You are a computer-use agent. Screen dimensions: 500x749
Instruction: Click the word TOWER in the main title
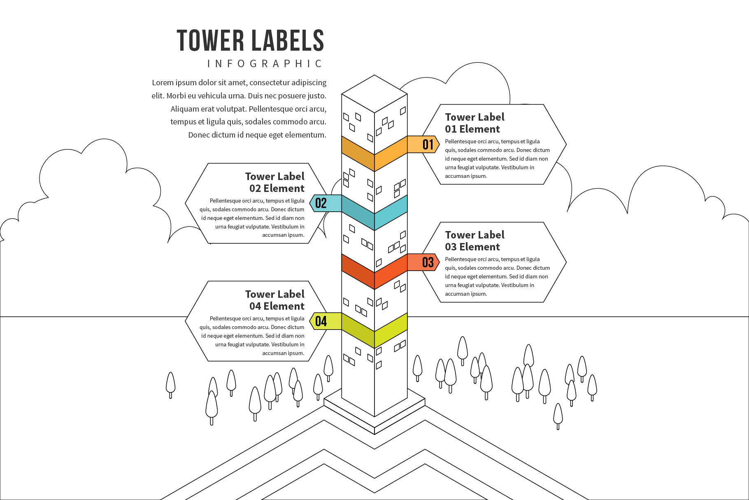210,40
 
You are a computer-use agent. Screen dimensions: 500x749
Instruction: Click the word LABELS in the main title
288,40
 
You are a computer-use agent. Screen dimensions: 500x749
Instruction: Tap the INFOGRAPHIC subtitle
265,63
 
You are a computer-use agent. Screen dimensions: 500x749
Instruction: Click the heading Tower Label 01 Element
474,123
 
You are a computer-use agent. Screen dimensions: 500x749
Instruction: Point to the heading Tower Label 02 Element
275,182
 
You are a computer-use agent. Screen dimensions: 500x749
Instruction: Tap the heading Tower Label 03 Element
474,241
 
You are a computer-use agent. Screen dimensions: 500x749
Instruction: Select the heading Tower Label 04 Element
275,300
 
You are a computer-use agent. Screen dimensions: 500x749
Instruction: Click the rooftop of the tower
374,93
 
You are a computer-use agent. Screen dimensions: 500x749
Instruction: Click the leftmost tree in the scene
170,383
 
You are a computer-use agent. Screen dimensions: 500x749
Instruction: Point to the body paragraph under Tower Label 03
497,276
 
